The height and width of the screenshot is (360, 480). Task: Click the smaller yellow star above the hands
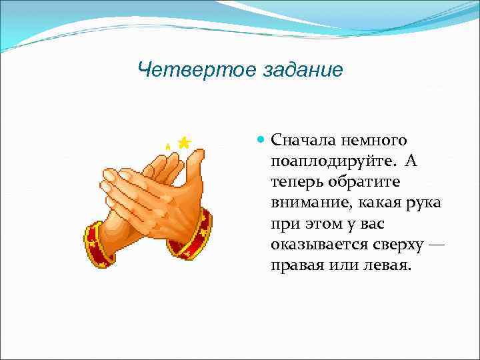(168, 145)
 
